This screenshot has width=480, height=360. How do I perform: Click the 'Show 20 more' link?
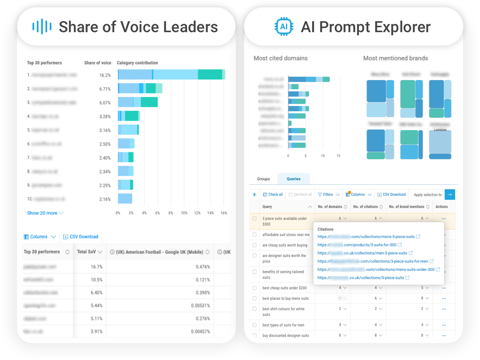45,213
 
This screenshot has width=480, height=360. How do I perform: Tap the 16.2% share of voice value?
105,75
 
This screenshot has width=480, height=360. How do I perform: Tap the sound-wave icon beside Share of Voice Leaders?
42,27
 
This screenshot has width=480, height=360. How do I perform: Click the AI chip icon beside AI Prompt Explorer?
283,27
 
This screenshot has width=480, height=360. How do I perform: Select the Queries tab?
293,179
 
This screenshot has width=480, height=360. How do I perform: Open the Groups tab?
263,179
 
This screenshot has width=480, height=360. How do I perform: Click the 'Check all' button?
273,195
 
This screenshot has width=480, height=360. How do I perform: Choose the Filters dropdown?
328,195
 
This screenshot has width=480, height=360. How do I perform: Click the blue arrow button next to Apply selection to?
449,195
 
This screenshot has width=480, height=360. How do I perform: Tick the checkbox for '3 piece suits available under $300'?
255,219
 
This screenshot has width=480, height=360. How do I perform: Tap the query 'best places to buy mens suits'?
285,299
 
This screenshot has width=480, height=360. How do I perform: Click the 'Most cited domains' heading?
280,58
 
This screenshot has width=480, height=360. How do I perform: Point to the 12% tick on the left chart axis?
197,213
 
